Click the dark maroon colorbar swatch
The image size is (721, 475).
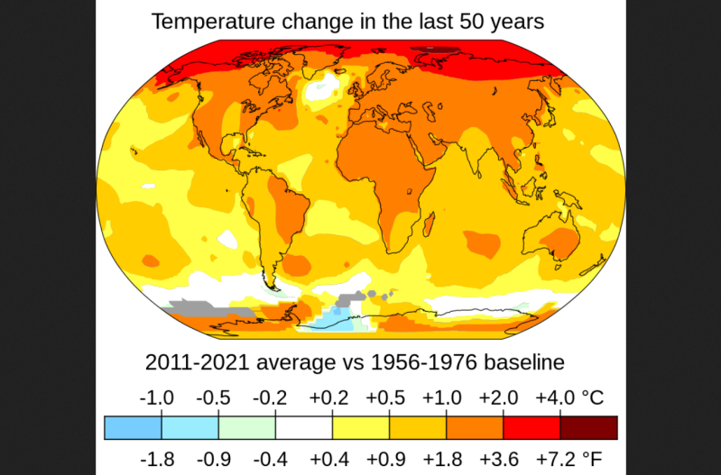(x=588, y=427)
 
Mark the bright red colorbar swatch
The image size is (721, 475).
(x=532, y=427)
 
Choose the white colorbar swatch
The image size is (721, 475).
(x=303, y=427)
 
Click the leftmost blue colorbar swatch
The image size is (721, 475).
(x=133, y=427)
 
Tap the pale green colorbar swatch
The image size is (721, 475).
(x=246, y=427)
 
